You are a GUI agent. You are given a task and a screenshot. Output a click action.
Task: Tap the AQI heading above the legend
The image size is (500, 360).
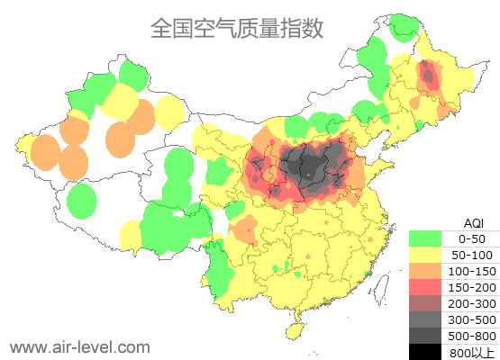(x=473, y=222)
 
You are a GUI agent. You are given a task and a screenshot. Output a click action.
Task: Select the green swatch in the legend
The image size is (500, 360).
(x=425, y=239)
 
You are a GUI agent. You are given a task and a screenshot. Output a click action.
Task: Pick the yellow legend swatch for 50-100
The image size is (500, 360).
(x=425, y=256)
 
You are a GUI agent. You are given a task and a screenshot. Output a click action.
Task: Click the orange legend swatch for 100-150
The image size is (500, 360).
(x=425, y=271)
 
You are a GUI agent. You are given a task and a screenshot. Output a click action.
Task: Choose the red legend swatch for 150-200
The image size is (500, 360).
(x=425, y=287)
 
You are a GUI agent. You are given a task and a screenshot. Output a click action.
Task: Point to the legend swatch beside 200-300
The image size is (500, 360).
(x=425, y=303)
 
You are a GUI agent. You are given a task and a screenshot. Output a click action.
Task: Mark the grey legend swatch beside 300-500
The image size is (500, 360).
(x=425, y=319)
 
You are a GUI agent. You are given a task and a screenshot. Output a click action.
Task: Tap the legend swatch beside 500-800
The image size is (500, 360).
(x=425, y=335)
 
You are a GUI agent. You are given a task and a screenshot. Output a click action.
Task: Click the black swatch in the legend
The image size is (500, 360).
(x=425, y=351)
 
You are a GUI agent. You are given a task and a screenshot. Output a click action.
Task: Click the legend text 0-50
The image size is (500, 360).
(x=472, y=239)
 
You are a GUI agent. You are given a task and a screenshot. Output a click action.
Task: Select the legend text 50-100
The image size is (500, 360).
(x=472, y=256)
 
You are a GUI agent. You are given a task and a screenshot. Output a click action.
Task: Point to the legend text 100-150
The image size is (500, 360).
(x=472, y=271)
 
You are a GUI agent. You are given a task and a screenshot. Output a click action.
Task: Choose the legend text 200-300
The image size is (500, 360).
(x=472, y=303)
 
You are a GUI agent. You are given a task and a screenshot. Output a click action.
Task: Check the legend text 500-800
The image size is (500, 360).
(x=472, y=335)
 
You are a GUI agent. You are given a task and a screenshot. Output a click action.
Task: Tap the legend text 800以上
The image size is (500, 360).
(x=472, y=351)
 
